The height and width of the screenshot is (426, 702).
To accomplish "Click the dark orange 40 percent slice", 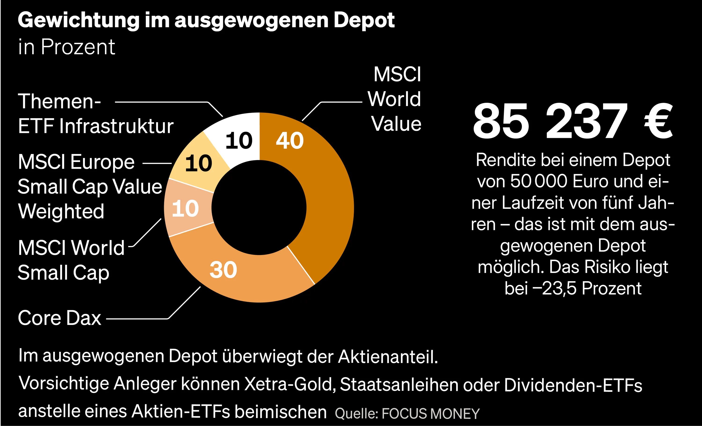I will point(328,199).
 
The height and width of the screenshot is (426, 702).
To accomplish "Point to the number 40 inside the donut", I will point(290,140).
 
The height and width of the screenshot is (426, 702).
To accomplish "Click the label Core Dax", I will point(59,318).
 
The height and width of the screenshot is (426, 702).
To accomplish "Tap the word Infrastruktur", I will point(116,126).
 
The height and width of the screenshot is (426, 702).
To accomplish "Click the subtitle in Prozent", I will point(66,47).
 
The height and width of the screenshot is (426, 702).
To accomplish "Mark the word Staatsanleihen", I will point(399,385).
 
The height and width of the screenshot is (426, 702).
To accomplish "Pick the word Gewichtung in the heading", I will point(78,21).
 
